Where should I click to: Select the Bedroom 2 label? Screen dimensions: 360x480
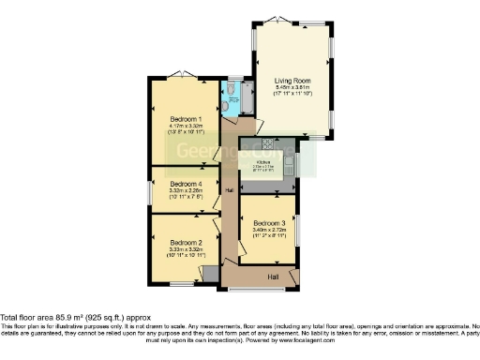(183, 242)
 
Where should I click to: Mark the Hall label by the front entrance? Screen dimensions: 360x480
(274, 277)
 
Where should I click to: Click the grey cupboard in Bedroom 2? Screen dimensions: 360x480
(210, 272)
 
